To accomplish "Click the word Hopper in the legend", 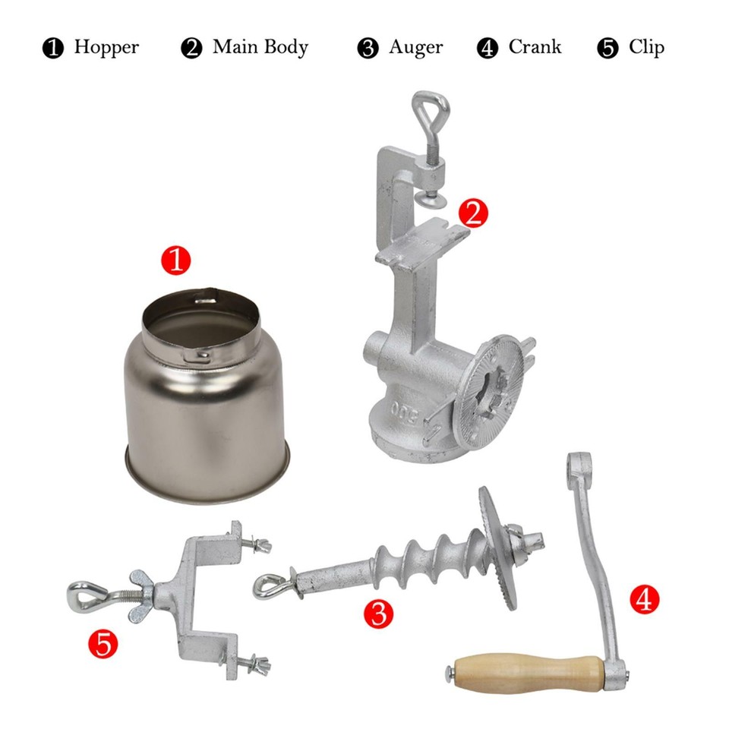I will [106, 47].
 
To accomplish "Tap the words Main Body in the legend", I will [260, 47].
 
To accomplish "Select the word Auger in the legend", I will [415, 47].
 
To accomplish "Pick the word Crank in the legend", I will [535, 47].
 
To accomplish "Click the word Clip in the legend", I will [646, 47].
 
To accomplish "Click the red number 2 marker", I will [473, 214].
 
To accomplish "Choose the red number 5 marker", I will [104, 645].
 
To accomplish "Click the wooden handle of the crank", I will [524, 671].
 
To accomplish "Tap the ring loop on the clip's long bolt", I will [84, 595].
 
